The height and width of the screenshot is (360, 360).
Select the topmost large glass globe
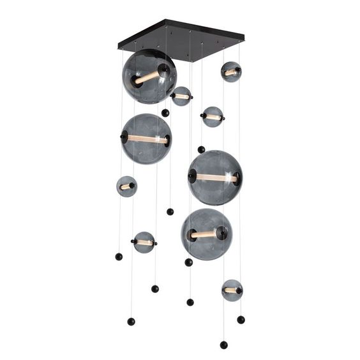point(149,77)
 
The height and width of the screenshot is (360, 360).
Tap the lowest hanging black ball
point(223,345)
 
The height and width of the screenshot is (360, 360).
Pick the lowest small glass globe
point(232,290)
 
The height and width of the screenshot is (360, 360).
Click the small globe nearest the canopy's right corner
point(231,72)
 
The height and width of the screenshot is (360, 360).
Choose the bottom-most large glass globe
point(206,234)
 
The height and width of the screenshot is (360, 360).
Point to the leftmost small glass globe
point(126,186)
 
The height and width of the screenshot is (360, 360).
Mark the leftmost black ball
point(119,256)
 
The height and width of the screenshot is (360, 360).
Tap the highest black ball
point(165,113)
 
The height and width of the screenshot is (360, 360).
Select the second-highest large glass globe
point(146,139)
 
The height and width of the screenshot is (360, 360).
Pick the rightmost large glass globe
point(215,177)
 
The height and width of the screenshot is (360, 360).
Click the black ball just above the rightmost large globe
point(201,149)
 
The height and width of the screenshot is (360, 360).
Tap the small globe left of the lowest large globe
point(144,243)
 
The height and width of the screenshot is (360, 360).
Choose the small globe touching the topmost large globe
point(181,96)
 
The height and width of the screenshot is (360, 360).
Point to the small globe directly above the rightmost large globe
point(213,117)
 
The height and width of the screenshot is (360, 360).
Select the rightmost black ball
point(241,319)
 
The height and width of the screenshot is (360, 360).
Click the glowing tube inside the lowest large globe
point(205,234)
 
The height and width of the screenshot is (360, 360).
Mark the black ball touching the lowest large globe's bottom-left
point(188,262)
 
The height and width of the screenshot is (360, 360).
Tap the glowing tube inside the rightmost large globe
point(216,178)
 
